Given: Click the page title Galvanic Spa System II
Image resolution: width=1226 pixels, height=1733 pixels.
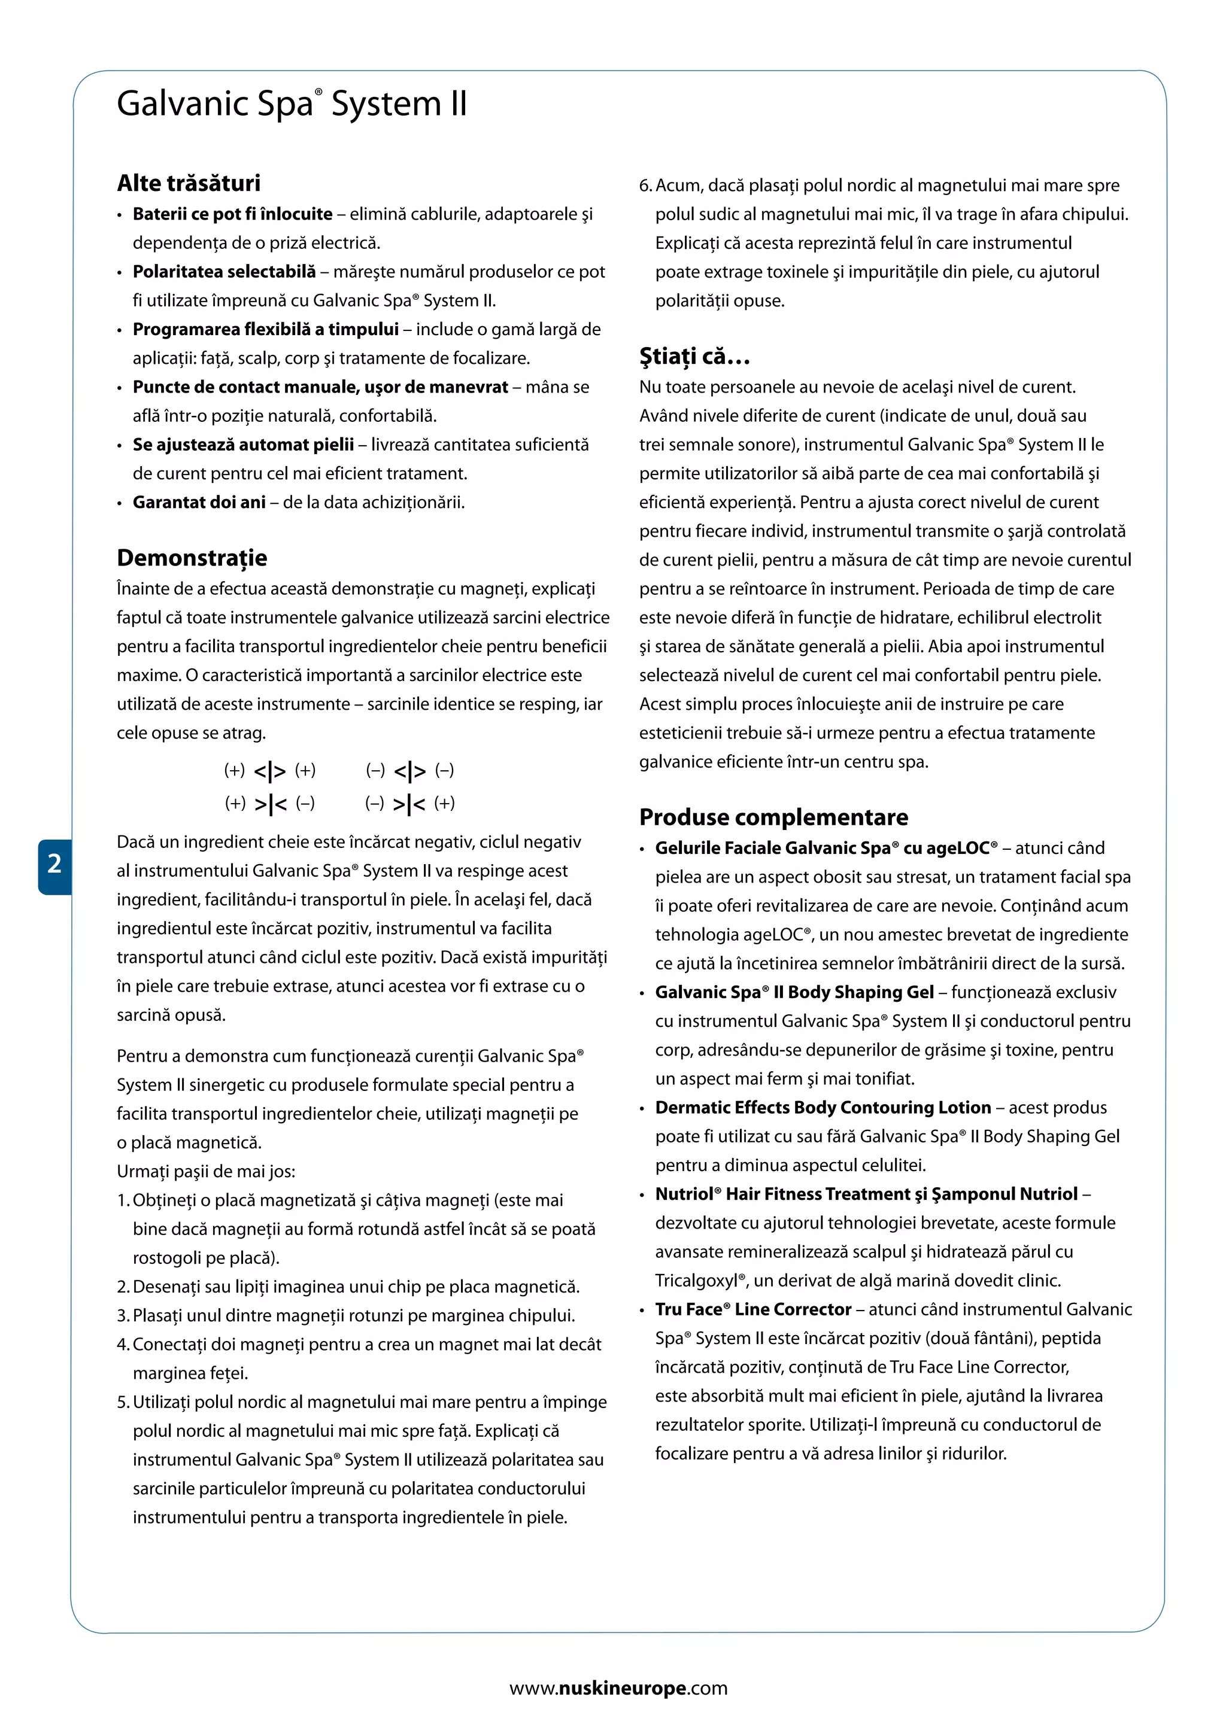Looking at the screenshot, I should click(292, 104).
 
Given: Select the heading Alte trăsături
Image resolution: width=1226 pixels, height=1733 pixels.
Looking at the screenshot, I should click(189, 184).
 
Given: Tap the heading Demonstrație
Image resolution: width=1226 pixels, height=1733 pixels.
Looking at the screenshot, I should click(192, 558).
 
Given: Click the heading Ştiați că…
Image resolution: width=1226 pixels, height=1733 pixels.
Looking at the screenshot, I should click(694, 356).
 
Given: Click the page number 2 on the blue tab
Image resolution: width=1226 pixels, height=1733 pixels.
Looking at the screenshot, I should click(54, 864).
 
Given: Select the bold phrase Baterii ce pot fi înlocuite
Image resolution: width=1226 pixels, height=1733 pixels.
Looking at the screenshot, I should click(232, 214).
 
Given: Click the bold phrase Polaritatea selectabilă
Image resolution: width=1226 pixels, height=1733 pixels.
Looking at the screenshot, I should click(224, 272).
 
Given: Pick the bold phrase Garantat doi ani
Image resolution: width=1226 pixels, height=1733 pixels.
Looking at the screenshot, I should click(199, 503).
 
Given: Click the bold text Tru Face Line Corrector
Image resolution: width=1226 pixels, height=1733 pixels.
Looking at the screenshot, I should click(752, 1309).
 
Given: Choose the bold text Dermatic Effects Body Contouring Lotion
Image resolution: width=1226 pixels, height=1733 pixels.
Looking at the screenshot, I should click(823, 1108).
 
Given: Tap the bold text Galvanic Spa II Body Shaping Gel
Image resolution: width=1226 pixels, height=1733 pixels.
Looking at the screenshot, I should click(794, 993).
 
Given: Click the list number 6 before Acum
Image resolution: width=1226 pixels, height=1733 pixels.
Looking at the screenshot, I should click(645, 186).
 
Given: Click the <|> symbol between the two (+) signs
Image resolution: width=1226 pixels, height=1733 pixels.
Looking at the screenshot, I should click(269, 771).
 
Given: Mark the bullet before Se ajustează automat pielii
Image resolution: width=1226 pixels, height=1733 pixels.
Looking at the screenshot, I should click(119, 446).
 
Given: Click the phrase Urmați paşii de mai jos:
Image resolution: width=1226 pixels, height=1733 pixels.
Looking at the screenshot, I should click(206, 1172).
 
